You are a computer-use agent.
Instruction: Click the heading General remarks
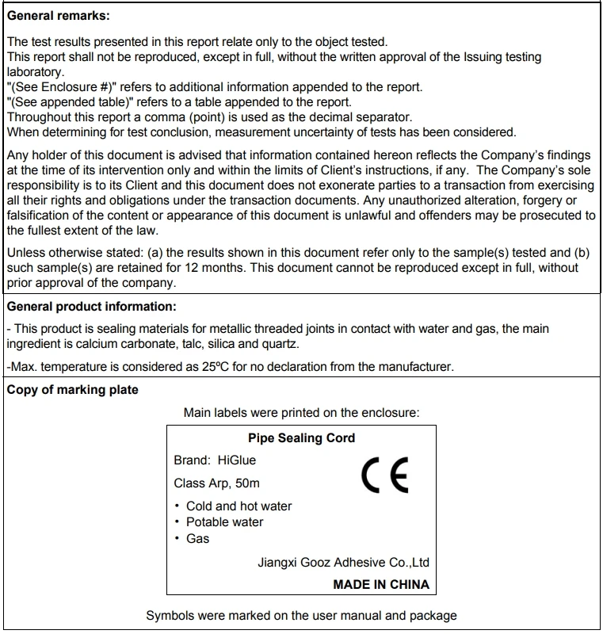pyautogui.click(x=58, y=16)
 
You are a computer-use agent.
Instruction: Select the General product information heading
pyautogui.click(x=91, y=306)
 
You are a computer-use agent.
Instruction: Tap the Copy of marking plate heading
pyautogui.click(x=72, y=389)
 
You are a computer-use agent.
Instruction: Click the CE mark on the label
pyautogui.click(x=384, y=475)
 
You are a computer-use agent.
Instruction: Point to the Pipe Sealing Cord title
pyautogui.click(x=301, y=438)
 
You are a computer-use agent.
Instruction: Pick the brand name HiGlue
pyautogui.click(x=236, y=460)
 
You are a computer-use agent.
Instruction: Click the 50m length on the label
pyautogui.click(x=247, y=483)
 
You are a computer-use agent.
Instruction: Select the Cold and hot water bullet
pyautogui.click(x=239, y=506)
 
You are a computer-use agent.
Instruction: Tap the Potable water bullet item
pyautogui.click(x=224, y=521)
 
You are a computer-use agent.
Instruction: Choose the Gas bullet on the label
pyautogui.click(x=197, y=538)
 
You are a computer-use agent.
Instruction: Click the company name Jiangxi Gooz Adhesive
pyautogui.click(x=343, y=563)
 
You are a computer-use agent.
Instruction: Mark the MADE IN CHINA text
pyautogui.click(x=381, y=584)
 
